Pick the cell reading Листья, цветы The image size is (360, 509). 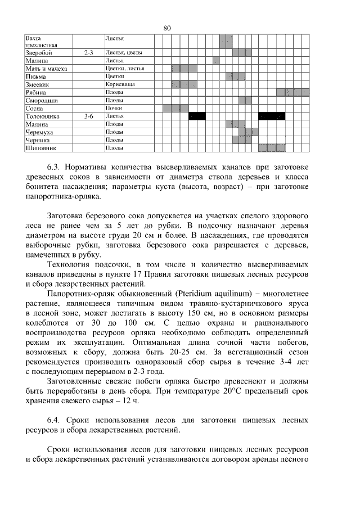(123, 52)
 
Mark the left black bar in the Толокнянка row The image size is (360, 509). (197, 116)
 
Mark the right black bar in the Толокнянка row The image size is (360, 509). (272, 116)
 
